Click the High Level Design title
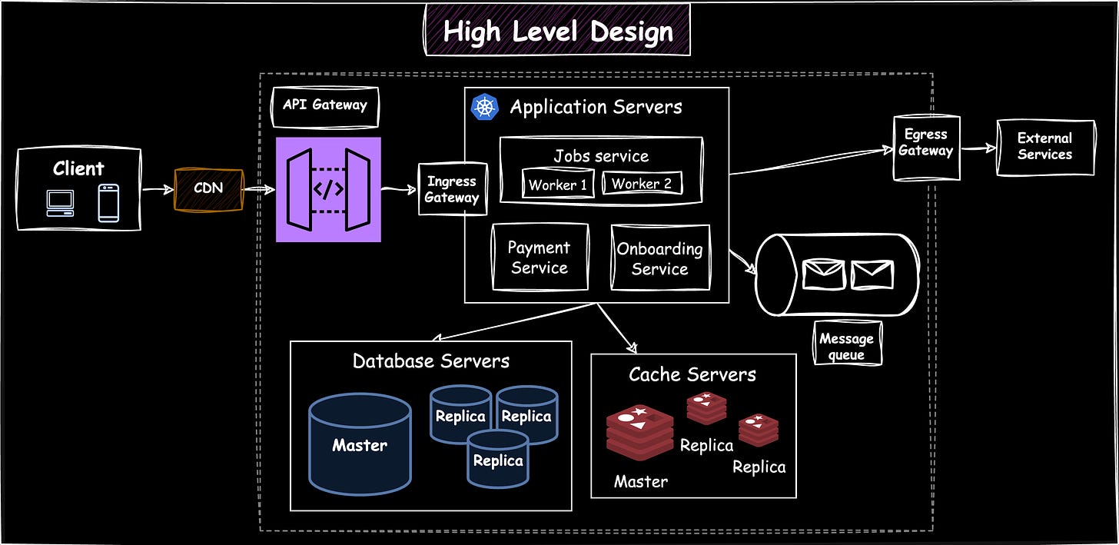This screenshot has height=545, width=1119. pos(558,32)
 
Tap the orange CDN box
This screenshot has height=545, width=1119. pos(208,189)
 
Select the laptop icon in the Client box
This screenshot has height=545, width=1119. pos(59,203)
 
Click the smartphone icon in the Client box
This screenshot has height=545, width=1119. pos(108,203)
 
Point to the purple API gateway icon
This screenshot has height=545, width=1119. pos(328,190)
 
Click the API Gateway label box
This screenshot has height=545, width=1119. pos(325,106)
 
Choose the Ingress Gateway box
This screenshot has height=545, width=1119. pos(452,189)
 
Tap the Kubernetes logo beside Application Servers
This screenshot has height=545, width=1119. pos(484,107)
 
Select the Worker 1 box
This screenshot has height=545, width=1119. pos(558,184)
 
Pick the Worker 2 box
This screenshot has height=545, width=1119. pos(643,184)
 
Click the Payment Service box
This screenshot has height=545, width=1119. pos(540,258)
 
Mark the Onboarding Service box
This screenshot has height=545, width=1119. pos(660,258)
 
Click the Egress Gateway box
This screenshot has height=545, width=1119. pos(926,148)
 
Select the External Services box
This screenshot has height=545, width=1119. pos(1044,147)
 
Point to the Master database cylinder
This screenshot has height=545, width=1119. pos(360,444)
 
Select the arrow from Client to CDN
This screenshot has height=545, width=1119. pos(158,189)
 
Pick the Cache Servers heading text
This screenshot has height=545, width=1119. pos(692,374)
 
